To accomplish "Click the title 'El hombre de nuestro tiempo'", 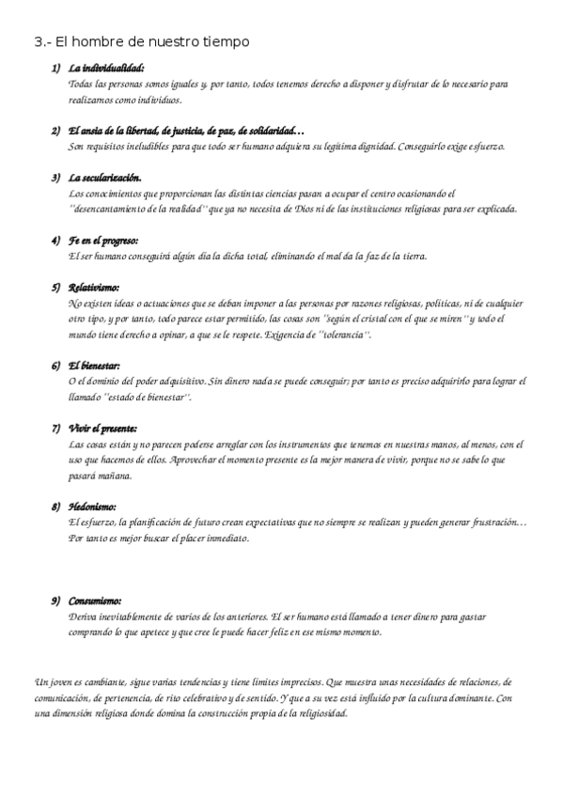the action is point(152,42).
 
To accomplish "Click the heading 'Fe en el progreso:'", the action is point(104,240).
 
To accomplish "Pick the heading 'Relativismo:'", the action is point(95,288).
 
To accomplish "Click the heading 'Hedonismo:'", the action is point(92,506).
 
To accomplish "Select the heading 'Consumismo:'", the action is point(96,600).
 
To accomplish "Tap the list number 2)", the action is point(56,132).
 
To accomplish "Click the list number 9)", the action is point(56,600).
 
